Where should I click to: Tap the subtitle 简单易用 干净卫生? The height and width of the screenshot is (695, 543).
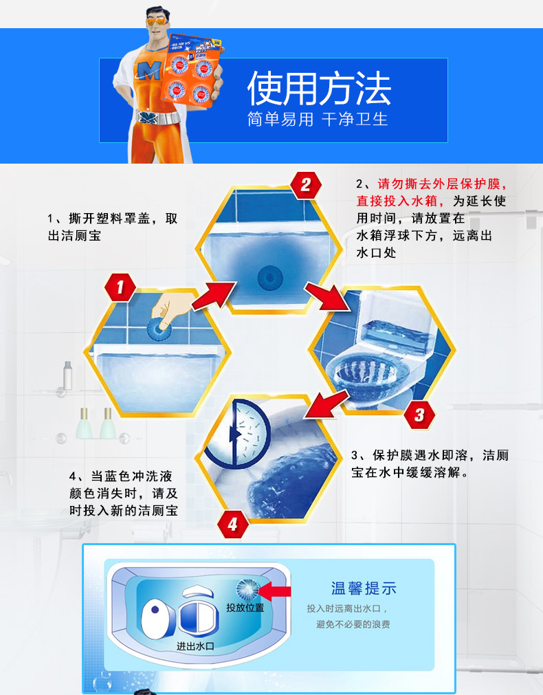tap(318, 119)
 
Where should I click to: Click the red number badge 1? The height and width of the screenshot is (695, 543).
tap(121, 288)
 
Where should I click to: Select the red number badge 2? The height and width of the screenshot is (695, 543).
tap(305, 184)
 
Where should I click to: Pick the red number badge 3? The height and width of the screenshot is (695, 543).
tap(419, 415)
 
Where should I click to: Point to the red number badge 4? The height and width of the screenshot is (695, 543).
tap(232, 525)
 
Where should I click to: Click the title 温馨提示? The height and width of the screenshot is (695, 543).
tap(364, 588)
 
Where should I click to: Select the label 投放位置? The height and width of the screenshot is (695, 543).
tap(245, 608)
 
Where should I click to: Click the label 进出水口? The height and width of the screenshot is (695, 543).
tap(196, 646)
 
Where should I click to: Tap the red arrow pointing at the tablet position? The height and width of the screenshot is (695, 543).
tap(276, 591)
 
